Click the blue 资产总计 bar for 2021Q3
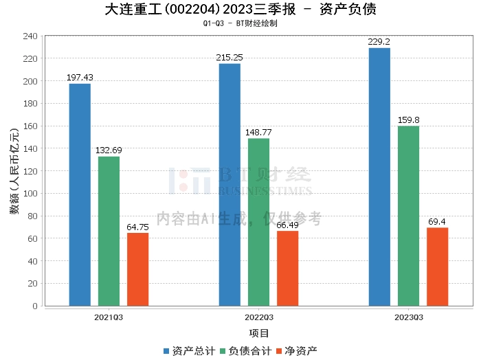click(80, 194)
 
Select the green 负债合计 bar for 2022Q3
click(258, 222)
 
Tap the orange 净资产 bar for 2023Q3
click(438, 267)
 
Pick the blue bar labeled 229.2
click(379, 177)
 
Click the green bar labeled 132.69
click(109, 232)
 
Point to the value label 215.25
click(230, 58)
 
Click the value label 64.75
click(137, 227)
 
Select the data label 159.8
click(409, 120)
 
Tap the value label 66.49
click(287, 225)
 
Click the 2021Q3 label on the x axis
click(109, 317)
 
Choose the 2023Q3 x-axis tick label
click(409, 317)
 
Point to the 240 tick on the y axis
click(30, 36)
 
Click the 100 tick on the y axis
click(30, 194)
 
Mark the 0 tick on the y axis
click(35, 306)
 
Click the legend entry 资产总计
click(189, 351)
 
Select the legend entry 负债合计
click(246, 351)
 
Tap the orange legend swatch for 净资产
click(279, 351)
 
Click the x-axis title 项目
click(259, 333)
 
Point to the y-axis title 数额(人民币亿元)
click(14, 171)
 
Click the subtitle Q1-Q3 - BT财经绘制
click(240, 23)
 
